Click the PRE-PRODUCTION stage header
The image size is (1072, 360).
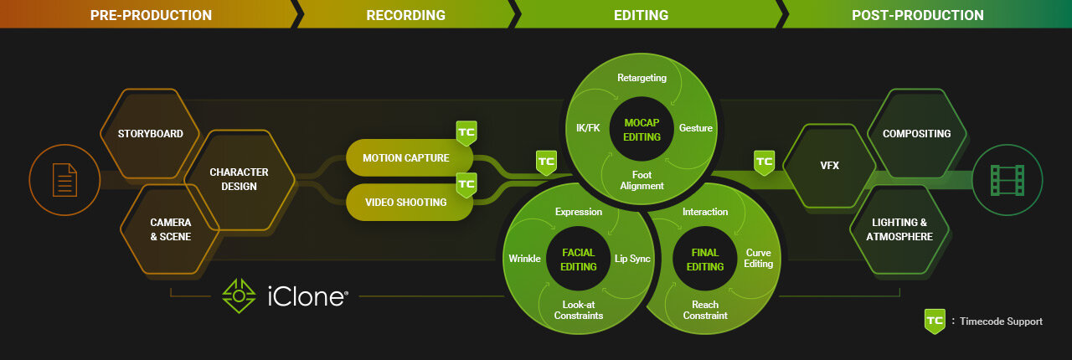[x=151, y=15]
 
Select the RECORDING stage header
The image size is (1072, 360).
[x=406, y=15]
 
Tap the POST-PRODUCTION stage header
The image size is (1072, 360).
[x=917, y=15]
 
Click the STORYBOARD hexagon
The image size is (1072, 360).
[x=150, y=134]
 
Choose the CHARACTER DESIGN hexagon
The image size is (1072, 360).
[x=239, y=179]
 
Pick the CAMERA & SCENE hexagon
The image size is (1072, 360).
[x=170, y=229]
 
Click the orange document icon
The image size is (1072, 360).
[x=64, y=180]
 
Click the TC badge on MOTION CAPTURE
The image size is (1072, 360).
[x=466, y=132]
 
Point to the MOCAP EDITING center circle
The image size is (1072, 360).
[x=642, y=129]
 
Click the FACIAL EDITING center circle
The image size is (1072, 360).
[x=578, y=259]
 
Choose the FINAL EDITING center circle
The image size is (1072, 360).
[x=705, y=259]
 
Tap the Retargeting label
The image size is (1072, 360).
[x=642, y=78]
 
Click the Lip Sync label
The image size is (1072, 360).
[x=632, y=259]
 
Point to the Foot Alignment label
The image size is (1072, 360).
[x=642, y=180]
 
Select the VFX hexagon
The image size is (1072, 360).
[x=829, y=166]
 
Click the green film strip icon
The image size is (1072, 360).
[x=1008, y=180]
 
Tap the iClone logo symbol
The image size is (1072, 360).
[x=239, y=296]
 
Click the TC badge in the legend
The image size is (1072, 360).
[x=935, y=321]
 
